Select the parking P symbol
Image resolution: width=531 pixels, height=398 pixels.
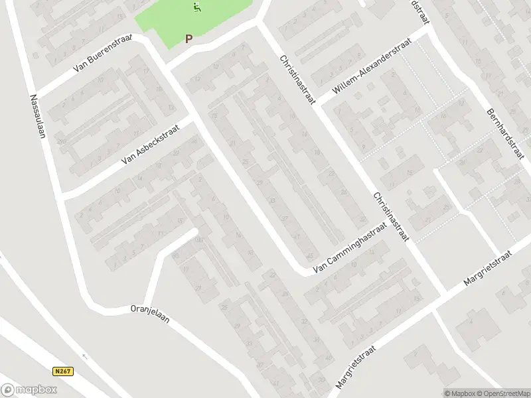click(189, 39)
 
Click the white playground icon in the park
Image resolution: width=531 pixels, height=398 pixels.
click(196, 8)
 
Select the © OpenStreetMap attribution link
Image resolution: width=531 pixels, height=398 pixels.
click(504, 393)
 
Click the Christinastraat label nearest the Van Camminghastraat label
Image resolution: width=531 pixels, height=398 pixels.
click(392, 217)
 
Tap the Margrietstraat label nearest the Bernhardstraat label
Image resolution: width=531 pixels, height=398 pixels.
click(489, 268)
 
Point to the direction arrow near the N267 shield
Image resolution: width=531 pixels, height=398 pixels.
click(84, 356)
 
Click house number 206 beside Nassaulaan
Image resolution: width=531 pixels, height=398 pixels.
click(62, 141)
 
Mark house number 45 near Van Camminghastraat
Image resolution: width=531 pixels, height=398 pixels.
click(310, 255)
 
